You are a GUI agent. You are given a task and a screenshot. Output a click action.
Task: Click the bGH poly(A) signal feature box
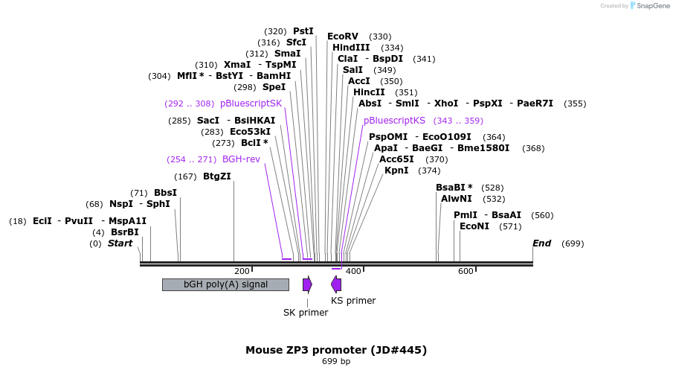pyautogui.click(x=225, y=284)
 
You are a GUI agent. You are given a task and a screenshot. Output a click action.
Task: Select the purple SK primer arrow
pyautogui.click(x=307, y=284)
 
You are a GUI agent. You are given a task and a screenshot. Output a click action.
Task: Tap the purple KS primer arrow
pyautogui.click(x=336, y=284)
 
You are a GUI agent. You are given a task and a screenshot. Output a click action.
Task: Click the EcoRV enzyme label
pyautogui.click(x=342, y=36)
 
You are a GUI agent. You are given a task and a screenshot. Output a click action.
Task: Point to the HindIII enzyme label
pyautogui.click(x=351, y=48)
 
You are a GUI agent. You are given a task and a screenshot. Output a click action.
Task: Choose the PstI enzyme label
pyautogui.click(x=303, y=31)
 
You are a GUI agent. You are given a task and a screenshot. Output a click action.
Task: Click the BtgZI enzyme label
pyautogui.click(x=217, y=176)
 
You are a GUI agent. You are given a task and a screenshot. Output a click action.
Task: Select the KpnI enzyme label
pyautogui.click(x=396, y=170)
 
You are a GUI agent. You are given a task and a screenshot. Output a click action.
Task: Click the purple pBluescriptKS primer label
pyautogui.click(x=394, y=120)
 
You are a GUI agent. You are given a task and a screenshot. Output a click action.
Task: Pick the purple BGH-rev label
pyautogui.click(x=241, y=159)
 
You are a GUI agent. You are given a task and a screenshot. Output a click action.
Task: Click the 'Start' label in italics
pyautogui.click(x=120, y=243)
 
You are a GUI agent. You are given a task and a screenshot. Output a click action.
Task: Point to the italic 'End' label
pyautogui.click(x=541, y=243)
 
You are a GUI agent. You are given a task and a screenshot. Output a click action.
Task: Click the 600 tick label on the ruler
pyautogui.click(x=466, y=272)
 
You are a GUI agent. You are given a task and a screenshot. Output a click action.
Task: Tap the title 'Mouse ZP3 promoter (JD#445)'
pyautogui.click(x=336, y=349)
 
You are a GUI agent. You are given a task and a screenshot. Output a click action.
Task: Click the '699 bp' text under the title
pyautogui.click(x=336, y=362)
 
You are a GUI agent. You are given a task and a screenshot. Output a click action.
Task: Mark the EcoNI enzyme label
pyautogui.click(x=474, y=226)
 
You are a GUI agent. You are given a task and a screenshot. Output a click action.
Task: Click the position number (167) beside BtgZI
pyautogui.click(x=185, y=176)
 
